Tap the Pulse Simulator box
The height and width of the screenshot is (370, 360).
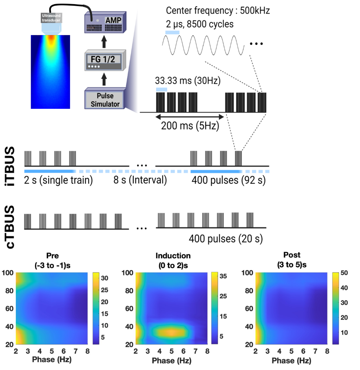click(104, 100)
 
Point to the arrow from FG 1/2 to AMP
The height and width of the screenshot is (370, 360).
click(104, 41)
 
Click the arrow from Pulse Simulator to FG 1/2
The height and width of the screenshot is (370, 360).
click(104, 77)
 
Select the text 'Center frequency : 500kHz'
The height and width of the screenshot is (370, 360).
click(218, 11)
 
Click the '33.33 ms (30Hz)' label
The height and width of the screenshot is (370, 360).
click(188, 80)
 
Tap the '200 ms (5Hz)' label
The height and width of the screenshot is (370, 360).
click(190, 126)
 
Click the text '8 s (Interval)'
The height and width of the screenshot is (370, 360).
click(140, 180)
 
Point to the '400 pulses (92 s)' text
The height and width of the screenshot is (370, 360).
click(227, 180)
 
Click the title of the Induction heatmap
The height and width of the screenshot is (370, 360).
click(173, 260)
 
